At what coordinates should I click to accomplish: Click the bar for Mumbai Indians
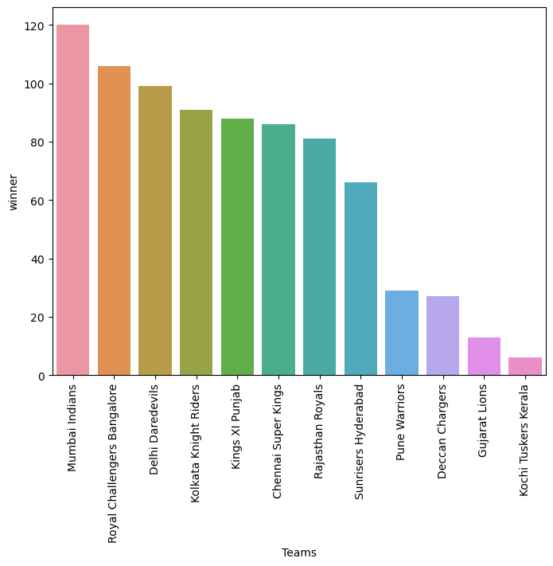click(72, 200)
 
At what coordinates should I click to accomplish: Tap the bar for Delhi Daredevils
click(155, 231)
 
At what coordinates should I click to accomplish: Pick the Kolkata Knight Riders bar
click(196, 243)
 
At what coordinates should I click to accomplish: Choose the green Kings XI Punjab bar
click(237, 247)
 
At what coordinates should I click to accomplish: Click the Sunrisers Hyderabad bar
click(360, 279)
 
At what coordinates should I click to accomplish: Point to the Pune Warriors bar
click(402, 333)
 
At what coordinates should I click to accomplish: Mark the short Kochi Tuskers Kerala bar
click(525, 366)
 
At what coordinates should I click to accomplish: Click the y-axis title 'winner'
click(13, 192)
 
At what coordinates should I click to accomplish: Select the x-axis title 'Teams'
click(298, 552)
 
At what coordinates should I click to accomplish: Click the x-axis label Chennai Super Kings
click(278, 441)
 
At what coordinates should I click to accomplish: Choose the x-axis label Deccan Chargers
click(442, 431)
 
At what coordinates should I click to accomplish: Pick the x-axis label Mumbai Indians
click(72, 428)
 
